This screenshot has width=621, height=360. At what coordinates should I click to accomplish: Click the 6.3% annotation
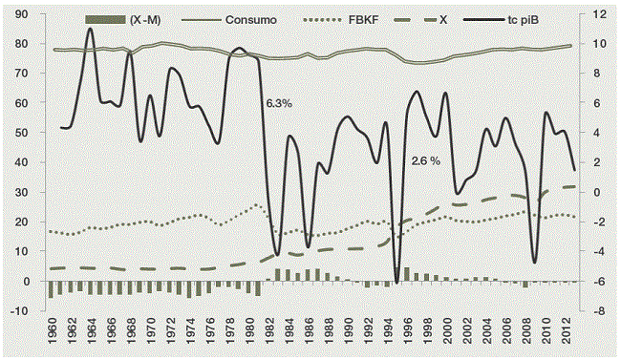point(280,100)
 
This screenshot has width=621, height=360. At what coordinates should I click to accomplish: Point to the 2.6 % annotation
point(425,160)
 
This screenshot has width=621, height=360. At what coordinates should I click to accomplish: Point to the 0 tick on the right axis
point(598,193)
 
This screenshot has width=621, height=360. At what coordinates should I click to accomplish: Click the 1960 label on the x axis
point(51,337)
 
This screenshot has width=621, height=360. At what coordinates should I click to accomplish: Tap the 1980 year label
point(251,337)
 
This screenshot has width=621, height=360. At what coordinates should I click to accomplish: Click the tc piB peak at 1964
point(91,29)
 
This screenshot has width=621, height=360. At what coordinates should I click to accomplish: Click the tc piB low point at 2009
point(536,263)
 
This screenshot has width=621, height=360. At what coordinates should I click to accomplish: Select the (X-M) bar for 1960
point(51,290)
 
